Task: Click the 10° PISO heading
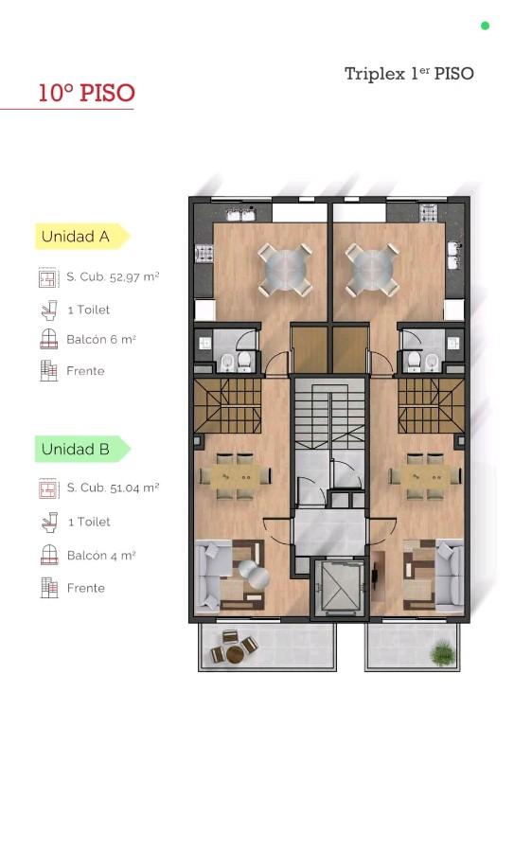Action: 86,93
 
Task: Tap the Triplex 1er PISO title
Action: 409,73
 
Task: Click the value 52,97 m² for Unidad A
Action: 134,276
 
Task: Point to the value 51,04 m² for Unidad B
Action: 134,488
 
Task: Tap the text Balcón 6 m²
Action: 101,340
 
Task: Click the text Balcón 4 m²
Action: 101,556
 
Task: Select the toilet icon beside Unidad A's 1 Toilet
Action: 49,310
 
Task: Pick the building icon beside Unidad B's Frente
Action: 49,587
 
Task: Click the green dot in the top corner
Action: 486,26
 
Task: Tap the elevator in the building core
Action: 340,586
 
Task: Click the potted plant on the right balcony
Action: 443,653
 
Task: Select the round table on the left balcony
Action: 235,653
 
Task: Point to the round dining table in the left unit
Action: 285,270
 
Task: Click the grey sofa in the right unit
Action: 450,575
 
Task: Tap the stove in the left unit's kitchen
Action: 204,253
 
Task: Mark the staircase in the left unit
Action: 228,405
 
